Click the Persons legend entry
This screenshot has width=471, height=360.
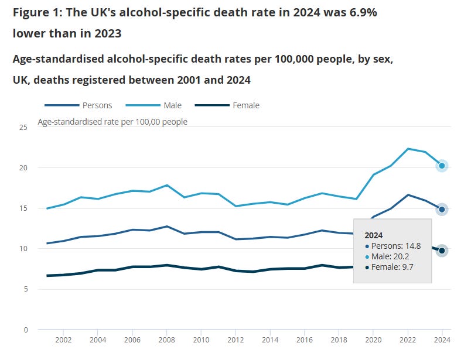[78, 105]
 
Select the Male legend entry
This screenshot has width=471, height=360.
[153, 105]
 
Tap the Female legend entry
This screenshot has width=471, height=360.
[227, 105]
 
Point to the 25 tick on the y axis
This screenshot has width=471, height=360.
[23, 127]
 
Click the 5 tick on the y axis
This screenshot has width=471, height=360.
[26, 289]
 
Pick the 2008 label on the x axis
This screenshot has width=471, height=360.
[167, 340]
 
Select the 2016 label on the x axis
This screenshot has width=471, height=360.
[304, 340]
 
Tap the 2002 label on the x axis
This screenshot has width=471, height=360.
[63, 340]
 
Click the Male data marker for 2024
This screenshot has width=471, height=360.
[442, 166]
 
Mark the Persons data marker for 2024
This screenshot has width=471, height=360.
[442, 210]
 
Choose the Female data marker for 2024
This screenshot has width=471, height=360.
[442, 251]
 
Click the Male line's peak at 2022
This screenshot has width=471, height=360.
[408, 149]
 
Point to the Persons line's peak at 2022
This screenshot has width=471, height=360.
[408, 195]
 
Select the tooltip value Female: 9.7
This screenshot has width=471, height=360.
[390, 267]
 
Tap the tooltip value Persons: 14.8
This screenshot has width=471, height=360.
[393, 246]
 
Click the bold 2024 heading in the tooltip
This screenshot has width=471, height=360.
[374, 235]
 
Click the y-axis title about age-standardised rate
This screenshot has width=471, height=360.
[112, 122]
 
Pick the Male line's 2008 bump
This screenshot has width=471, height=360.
[167, 185]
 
